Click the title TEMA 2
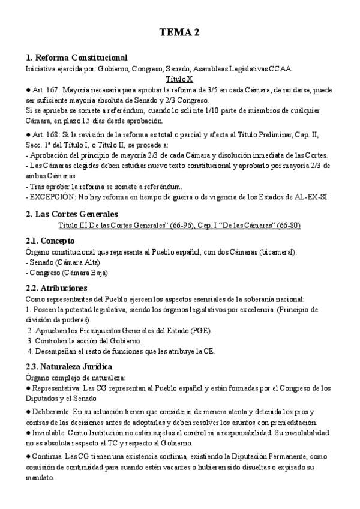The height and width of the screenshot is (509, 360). coord(179,32)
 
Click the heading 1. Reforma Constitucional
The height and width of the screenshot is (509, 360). coord(76,58)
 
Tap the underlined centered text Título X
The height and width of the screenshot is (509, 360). coord(179,79)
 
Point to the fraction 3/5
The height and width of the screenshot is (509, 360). coord(226,89)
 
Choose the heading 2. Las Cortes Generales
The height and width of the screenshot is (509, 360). coord(72,214)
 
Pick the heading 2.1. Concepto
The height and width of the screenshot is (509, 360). coord(50,241)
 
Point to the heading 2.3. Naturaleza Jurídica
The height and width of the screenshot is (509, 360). coord(69,366)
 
